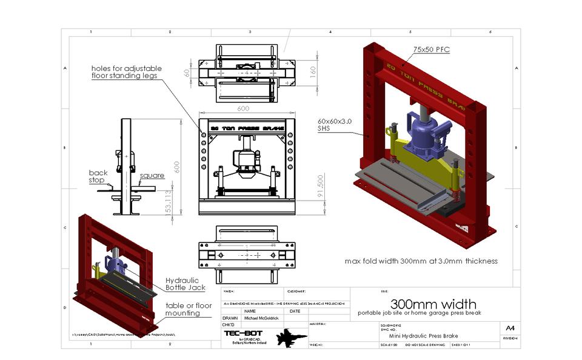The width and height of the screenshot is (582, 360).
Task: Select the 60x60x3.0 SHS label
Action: point(335,125)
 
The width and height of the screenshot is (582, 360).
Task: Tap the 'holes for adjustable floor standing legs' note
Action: point(124,72)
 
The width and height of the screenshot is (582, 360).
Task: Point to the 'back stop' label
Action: point(98,176)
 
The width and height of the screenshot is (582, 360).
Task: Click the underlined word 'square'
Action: point(152,176)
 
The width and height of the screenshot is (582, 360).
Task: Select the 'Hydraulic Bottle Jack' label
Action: point(187,284)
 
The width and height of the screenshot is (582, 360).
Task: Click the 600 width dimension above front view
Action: point(243,109)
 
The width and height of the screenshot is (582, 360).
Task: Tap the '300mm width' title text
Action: point(433,304)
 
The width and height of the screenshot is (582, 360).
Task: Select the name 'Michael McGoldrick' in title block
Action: point(261,318)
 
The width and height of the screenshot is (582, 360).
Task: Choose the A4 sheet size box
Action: point(510,328)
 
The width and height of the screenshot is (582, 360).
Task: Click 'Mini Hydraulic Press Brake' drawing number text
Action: point(432,336)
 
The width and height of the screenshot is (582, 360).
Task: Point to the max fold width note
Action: point(421,261)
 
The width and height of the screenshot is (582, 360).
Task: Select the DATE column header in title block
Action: point(295,311)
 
